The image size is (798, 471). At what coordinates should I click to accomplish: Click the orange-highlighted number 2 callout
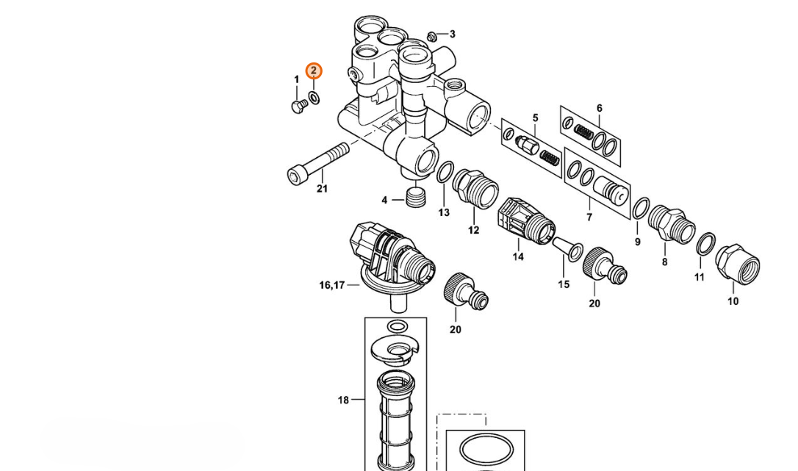click(x=314, y=71)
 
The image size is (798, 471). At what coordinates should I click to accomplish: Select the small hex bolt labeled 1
click(x=299, y=105)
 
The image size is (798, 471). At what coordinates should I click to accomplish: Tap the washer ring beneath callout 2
click(x=314, y=98)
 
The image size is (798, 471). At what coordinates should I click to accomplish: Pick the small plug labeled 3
click(x=432, y=36)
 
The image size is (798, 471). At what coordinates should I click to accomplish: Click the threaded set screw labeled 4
click(x=417, y=196)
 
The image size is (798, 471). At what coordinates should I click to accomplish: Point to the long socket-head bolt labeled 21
click(x=318, y=164)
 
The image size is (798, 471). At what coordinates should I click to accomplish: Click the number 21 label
click(x=322, y=189)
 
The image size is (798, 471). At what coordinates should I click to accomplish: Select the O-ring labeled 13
click(x=445, y=172)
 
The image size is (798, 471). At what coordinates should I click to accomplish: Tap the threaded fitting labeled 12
click(x=475, y=189)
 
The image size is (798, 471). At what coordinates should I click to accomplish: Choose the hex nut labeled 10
click(x=737, y=265)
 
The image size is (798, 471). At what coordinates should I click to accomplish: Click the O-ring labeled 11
click(x=705, y=245)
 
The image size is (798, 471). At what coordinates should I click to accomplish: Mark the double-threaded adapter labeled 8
click(x=672, y=223)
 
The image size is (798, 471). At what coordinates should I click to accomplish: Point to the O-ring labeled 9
click(x=641, y=209)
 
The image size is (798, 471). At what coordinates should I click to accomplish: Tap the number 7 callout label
click(x=589, y=217)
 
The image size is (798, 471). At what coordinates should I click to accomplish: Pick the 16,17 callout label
click(x=332, y=285)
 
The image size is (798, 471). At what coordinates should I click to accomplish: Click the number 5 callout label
click(x=535, y=118)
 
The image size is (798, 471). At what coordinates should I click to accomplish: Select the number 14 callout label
click(x=517, y=256)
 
